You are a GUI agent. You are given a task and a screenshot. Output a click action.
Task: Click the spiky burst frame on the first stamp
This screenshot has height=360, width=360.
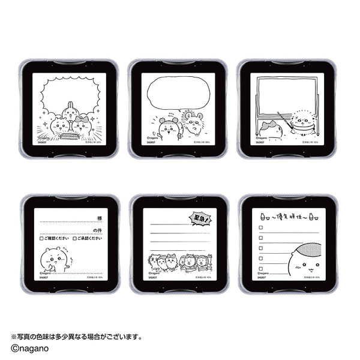click(x=67, y=96)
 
